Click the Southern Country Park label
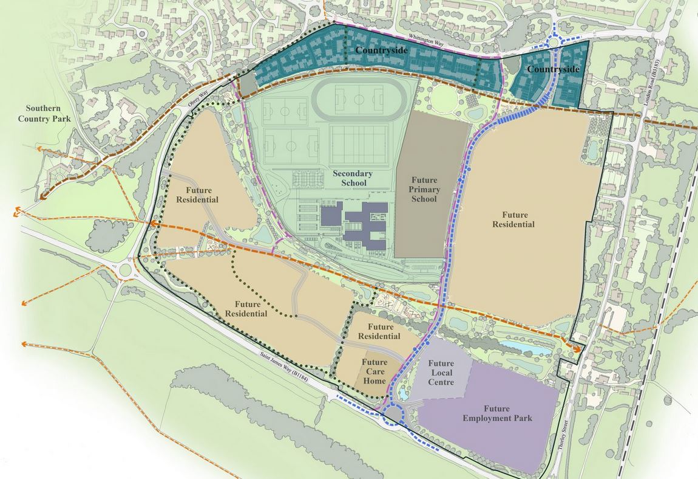click(44, 113)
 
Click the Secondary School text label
click(349, 178)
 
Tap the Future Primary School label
click(424, 190)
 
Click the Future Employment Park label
click(497, 413)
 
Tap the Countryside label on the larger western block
click(381, 50)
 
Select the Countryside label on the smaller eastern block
click(552, 70)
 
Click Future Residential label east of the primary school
click(518, 219)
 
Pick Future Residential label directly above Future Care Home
click(379, 331)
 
